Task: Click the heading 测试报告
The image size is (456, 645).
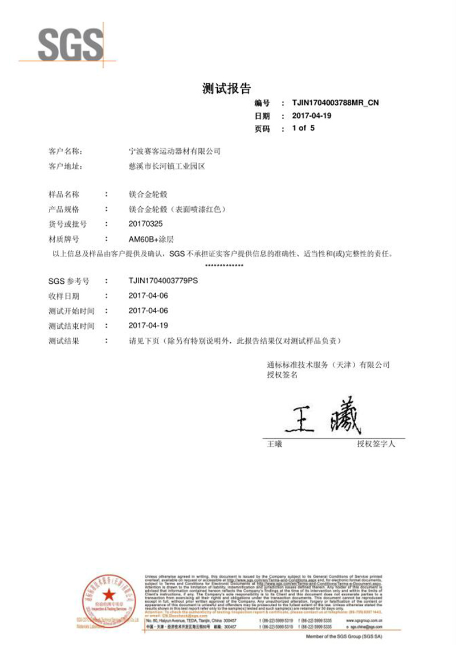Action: pyautogui.click(x=227, y=88)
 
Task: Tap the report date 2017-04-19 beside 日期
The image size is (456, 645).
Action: pyautogui.click(x=311, y=116)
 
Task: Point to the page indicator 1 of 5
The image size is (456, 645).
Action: pyautogui.click(x=303, y=128)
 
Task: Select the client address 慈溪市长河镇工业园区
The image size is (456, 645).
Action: pyautogui.click(x=167, y=166)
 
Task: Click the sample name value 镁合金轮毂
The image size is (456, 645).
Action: pyautogui.click(x=148, y=194)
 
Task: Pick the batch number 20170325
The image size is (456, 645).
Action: pyautogui.click(x=146, y=224)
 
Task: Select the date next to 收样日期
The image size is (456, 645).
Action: pyautogui.click(x=149, y=296)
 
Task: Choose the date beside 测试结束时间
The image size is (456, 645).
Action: pyautogui.click(x=149, y=326)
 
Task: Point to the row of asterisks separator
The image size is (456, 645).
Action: pyautogui.click(x=224, y=266)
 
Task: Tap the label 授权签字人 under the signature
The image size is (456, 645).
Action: pyautogui.click(x=376, y=443)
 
